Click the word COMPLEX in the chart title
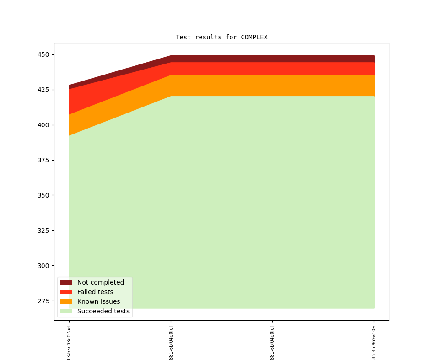click(254, 37)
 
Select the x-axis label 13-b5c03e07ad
click(69, 343)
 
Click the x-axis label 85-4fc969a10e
click(374, 343)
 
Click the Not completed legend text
click(101, 282)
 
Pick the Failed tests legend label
click(95, 292)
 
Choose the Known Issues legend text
click(98, 301)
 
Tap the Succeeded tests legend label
click(103, 311)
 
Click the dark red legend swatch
click(66, 282)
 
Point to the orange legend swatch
click(66, 301)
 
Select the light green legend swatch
click(66, 311)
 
